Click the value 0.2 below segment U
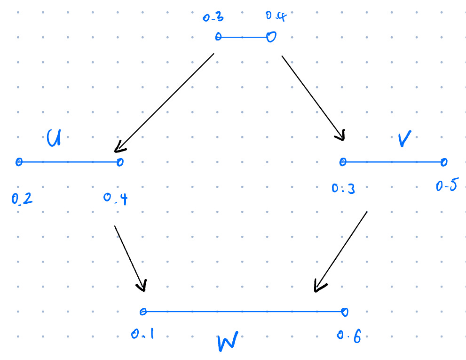(x=22, y=199)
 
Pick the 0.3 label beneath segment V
(x=343, y=189)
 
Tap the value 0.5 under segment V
(x=446, y=187)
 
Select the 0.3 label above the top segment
(x=213, y=18)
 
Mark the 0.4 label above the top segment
(x=276, y=16)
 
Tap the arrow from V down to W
(x=340, y=251)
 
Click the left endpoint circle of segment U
(x=19, y=162)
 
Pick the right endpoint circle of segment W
(x=345, y=311)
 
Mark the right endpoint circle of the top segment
(x=271, y=37)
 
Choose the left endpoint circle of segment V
(x=343, y=162)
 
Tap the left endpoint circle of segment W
(x=143, y=311)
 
